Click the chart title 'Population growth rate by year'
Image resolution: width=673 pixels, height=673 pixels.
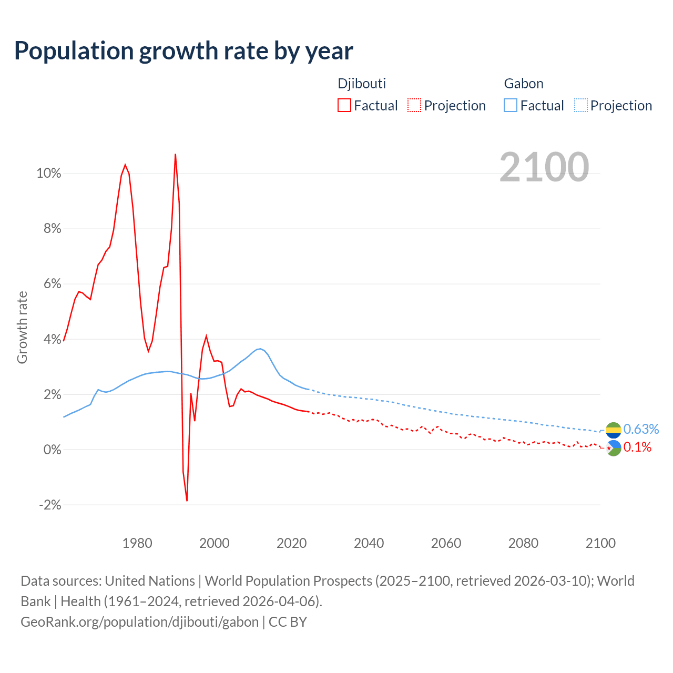pyautogui.click(x=183, y=51)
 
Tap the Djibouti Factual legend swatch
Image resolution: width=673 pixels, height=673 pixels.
pyautogui.click(x=344, y=105)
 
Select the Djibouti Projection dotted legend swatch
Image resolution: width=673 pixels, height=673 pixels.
pyautogui.click(x=414, y=105)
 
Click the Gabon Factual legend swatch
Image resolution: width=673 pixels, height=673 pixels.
pyautogui.click(x=511, y=105)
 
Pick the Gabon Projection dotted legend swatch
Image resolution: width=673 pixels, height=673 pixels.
pyautogui.click(x=581, y=105)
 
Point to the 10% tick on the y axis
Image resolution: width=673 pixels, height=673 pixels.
pyautogui.click(x=49, y=174)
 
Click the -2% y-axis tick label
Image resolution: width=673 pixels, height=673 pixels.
pyautogui.click(x=50, y=505)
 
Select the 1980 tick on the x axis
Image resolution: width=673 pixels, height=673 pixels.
pyautogui.click(x=137, y=543)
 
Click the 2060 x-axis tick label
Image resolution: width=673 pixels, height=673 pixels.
pyautogui.click(x=446, y=543)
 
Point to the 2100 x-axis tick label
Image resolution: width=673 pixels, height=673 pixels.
pyautogui.click(x=600, y=543)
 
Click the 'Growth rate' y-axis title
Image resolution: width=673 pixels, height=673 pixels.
pyautogui.click(x=22, y=327)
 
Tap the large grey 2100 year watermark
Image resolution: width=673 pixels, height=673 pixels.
pyautogui.click(x=544, y=167)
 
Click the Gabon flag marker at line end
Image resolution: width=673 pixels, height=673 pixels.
pyautogui.click(x=614, y=430)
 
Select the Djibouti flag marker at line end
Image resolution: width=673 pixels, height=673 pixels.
pyautogui.click(x=614, y=448)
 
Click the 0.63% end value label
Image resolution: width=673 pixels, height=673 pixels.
pyautogui.click(x=641, y=430)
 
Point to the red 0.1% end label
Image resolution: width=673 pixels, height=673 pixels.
pyautogui.click(x=637, y=447)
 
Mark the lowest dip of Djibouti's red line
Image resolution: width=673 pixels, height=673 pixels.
pyautogui.click(x=187, y=500)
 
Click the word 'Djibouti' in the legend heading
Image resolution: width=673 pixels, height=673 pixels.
pyautogui.click(x=362, y=84)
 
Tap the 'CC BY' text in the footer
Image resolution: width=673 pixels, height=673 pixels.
pyautogui.click(x=288, y=622)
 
